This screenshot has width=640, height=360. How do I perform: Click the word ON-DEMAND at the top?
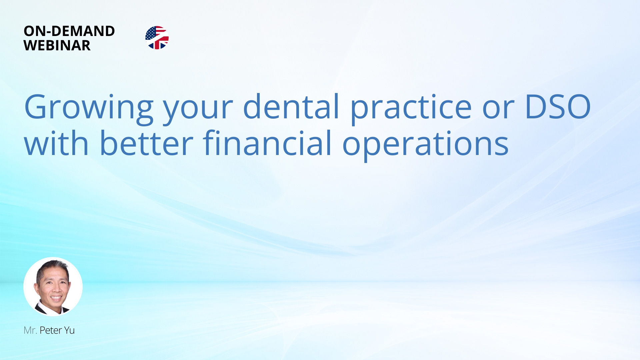[x=69, y=31]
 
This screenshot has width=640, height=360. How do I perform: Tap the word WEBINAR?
[x=57, y=45]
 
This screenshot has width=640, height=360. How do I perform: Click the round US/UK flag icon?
[x=157, y=38]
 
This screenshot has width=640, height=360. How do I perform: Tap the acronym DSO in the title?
[x=558, y=107]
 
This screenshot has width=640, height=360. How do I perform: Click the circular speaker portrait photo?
[x=53, y=287]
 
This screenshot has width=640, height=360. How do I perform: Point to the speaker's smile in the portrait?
[x=56, y=298]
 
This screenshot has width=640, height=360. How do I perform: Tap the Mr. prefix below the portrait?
[x=30, y=330]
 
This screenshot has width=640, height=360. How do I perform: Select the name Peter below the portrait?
[x=51, y=330]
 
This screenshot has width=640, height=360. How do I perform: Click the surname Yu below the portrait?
[x=69, y=330]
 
